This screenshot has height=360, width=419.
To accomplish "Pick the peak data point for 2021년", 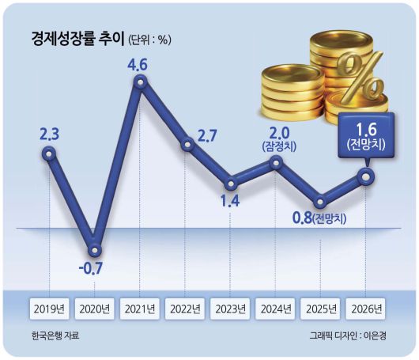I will point(141,81).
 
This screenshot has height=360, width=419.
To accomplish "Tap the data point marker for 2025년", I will point(321,200).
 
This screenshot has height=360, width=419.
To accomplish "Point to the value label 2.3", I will point(49,133).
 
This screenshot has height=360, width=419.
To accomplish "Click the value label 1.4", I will point(230,202).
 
